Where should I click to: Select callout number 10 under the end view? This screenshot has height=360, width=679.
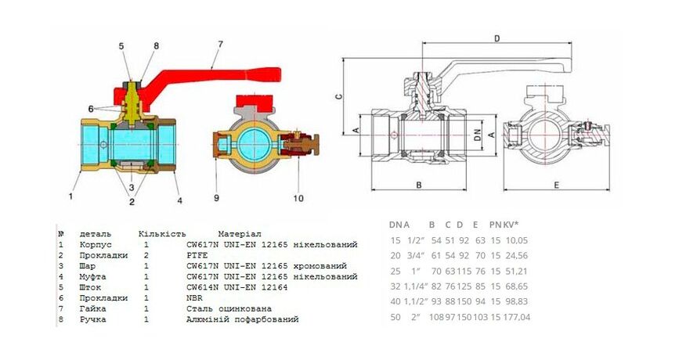298,198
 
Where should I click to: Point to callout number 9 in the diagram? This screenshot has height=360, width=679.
217,198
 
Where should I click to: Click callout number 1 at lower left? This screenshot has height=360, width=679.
70,196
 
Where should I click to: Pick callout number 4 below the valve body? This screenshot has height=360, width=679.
179,200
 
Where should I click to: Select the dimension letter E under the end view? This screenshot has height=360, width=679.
554,185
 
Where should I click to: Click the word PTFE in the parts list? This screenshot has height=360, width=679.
197,255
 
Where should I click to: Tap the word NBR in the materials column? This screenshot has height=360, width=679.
195,298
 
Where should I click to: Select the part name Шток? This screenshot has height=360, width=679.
91,287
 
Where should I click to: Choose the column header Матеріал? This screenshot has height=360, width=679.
240,234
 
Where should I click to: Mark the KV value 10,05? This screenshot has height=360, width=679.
518,240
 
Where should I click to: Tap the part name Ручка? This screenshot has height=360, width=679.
93,319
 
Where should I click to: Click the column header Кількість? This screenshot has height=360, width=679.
161,234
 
